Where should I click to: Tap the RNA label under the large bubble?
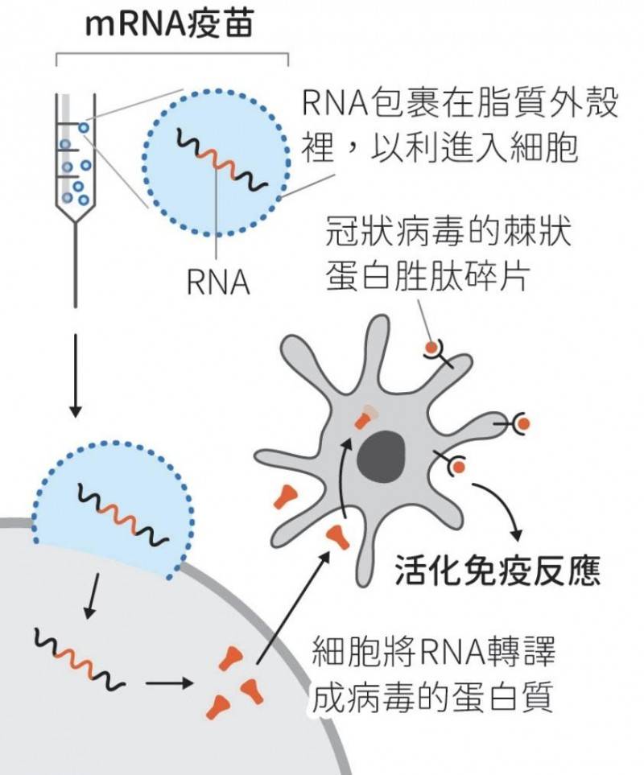coord(217,283)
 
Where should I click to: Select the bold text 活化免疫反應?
coord(498,571)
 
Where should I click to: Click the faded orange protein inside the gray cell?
coord(367,415)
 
